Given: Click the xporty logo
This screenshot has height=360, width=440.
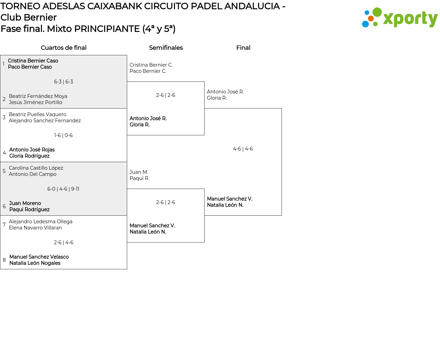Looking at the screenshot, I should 400,18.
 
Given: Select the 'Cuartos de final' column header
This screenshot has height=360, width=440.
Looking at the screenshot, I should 64,48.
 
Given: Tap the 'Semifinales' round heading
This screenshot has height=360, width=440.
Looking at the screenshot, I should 166,48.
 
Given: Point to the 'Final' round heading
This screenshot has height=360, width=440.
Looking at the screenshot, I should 243,48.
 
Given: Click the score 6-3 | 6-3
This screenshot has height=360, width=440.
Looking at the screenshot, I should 64,82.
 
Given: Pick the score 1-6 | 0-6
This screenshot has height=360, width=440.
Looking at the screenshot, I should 64,135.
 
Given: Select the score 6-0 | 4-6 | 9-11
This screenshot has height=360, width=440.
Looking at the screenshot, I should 64,189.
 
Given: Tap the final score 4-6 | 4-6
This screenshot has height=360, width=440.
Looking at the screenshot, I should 243,149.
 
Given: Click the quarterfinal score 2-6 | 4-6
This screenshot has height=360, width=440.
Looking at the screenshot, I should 64,243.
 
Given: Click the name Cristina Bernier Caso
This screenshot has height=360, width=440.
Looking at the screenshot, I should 33,61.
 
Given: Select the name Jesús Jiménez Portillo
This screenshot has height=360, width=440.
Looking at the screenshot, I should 35,102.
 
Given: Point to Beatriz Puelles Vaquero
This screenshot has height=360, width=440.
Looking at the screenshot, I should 37,114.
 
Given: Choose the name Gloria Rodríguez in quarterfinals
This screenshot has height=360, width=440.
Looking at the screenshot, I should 29,156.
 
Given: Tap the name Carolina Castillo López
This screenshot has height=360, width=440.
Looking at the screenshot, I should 36,168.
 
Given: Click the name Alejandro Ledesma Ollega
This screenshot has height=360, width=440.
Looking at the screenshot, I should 41,222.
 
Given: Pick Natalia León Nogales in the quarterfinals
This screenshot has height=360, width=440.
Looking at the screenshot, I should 35,263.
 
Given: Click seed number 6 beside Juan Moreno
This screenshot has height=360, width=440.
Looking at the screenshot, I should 4,206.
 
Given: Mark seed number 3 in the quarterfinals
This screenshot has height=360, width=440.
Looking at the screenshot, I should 4,117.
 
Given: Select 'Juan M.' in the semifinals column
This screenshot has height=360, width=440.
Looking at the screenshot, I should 139,172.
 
